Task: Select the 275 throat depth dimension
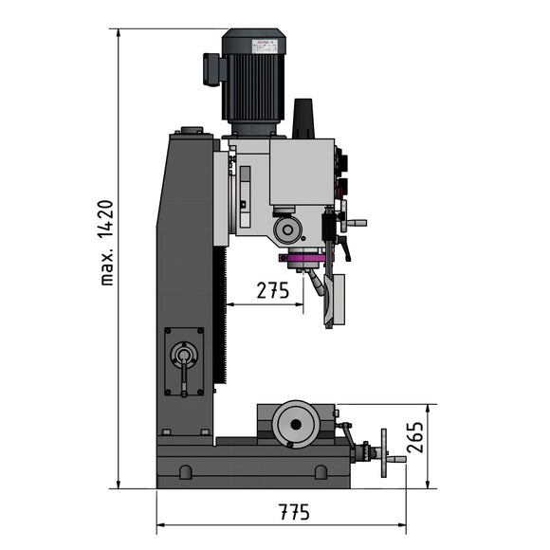click(272, 291)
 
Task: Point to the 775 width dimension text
click(294, 512)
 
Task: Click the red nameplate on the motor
click(263, 43)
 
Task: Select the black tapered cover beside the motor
click(303, 119)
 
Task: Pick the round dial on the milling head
click(287, 229)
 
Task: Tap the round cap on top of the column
click(192, 132)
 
